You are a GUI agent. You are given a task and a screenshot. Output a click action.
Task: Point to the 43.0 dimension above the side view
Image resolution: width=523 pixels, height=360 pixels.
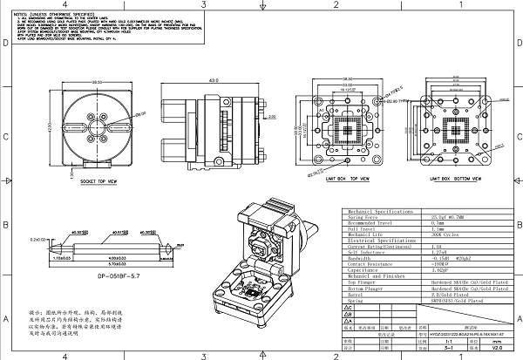212,81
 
